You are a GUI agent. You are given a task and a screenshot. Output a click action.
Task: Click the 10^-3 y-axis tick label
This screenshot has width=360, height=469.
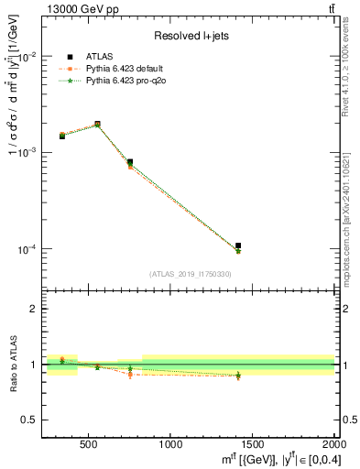point(31,152)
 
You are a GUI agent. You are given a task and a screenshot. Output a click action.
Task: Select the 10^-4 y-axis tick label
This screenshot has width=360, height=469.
point(31,249)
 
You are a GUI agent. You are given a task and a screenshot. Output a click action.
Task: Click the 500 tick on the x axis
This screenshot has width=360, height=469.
point(90,445)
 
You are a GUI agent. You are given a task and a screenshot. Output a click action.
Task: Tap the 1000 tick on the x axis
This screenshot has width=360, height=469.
point(170,445)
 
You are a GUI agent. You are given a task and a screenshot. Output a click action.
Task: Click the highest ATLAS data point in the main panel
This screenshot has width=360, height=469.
point(97,124)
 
